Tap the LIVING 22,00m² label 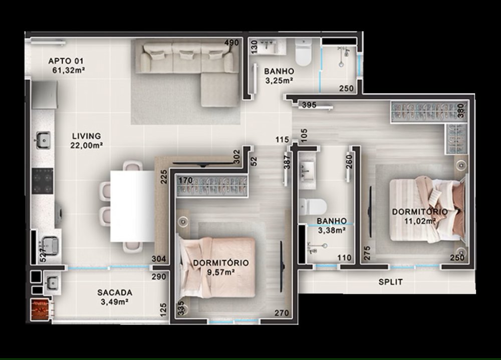pyautogui.click(x=86, y=141)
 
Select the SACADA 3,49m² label pyautogui.click(x=115, y=297)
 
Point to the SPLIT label pyautogui.click(x=390, y=282)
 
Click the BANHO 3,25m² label pyautogui.click(x=279, y=76)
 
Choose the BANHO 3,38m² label pyautogui.click(x=332, y=225)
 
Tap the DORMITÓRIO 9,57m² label pyautogui.click(x=221, y=267)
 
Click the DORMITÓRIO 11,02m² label pyautogui.click(x=420, y=216)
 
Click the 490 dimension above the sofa pyautogui.click(x=231, y=43)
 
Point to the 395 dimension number pyautogui.click(x=309, y=105)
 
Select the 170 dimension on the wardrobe pyautogui.click(x=185, y=180)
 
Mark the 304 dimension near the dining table pyautogui.click(x=159, y=259)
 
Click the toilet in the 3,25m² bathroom pyautogui.click(x=303, y=52)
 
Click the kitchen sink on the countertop pyautogui.click(x=43, y=140)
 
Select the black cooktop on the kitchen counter pyautogui.click(x=43, y=181)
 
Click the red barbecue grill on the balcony pyautogui.click(x=40, y=309)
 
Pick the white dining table pyautogui.click(x=132, y=206)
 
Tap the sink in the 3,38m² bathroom pyautogui.click(x=307, y=171)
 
